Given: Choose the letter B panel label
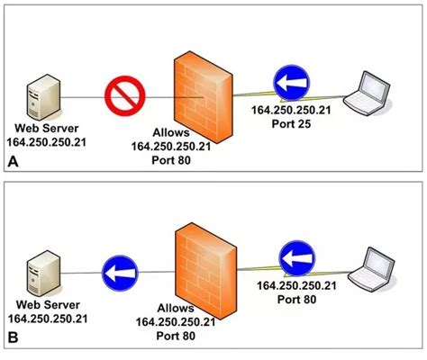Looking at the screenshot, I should coord(13,340).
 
